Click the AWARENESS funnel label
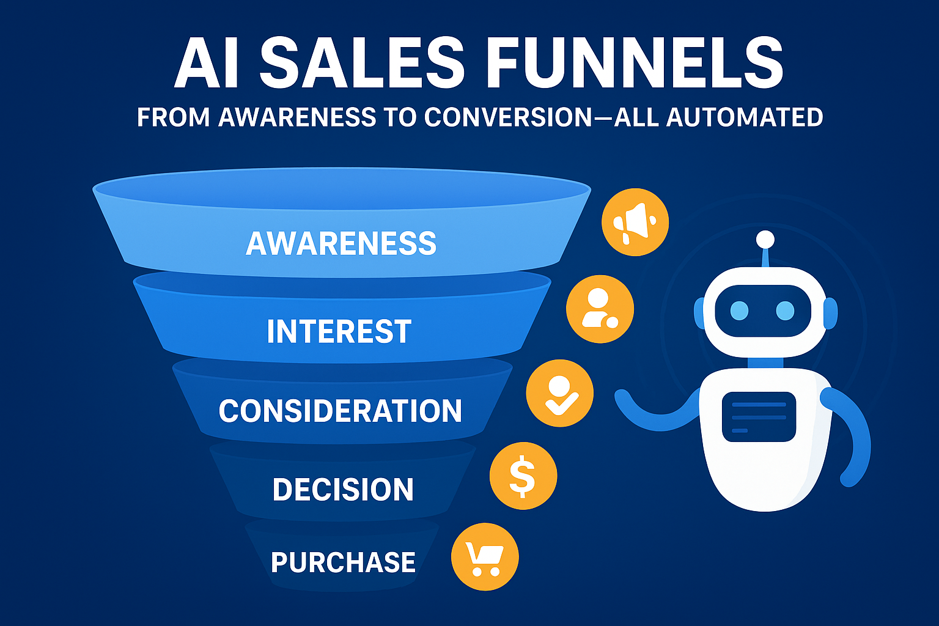341,243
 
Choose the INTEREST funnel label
339,331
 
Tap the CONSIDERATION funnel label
340,410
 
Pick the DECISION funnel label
343,489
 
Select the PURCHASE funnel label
343,562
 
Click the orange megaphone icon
635,223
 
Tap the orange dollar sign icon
523,476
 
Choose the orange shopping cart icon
485,557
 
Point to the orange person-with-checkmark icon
559,393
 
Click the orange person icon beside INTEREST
600,309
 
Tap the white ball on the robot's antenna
765,240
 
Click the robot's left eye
740,311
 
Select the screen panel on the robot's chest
759,417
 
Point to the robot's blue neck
765,363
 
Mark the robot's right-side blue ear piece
831,313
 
